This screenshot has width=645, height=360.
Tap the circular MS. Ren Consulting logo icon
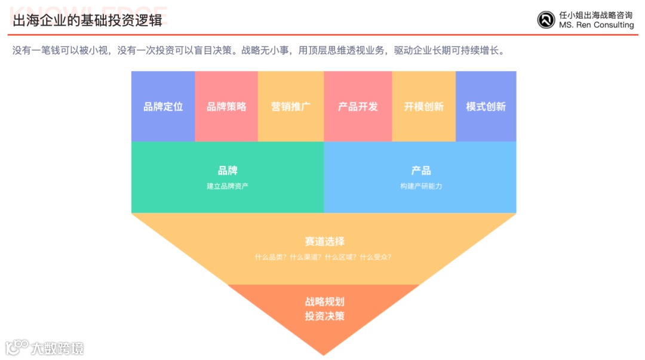tap(546, 20)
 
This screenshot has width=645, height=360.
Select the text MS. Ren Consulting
tap(596, 25)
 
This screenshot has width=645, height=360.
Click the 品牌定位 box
tap(163, 106)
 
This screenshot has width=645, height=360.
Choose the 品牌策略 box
tap(226, 106)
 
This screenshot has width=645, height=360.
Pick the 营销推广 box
tap(291, 106)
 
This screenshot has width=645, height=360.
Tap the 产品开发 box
tap(358, 106)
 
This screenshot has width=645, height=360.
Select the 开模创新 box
tap(423, 106)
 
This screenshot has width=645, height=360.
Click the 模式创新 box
tap(486, 106)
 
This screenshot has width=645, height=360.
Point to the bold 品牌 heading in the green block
tap(228, 171)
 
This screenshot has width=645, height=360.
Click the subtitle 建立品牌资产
tap(228, 186)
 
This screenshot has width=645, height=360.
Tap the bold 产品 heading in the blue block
tap(420, 171)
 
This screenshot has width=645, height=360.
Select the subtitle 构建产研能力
tap(420, 186)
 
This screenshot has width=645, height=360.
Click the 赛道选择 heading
tap(324, 241)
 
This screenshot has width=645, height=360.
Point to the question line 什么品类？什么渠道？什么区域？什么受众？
tap(323, 257)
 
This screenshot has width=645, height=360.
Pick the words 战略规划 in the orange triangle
tap(324, 301)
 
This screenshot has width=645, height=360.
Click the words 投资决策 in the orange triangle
tap(324, 316)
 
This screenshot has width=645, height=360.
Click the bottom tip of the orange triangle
tap(324, 352)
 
